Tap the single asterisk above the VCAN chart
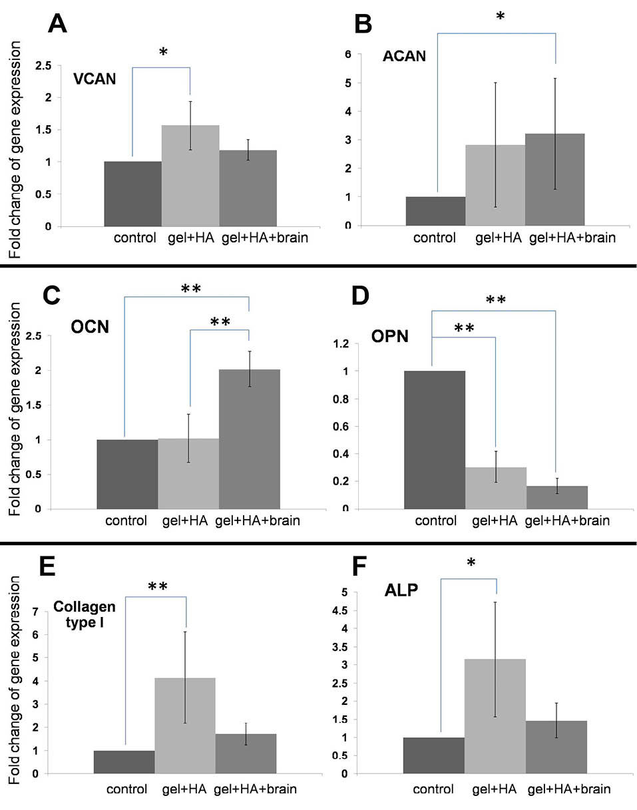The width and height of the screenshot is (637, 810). (x=162, y=53)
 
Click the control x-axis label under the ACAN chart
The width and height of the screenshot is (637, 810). (x=435, y=238)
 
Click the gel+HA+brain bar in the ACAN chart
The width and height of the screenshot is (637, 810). (x=555, y=180)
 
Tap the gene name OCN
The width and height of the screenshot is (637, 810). (x=91, y=328)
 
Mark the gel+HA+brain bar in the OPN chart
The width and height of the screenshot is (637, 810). (x=556, y=497)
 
